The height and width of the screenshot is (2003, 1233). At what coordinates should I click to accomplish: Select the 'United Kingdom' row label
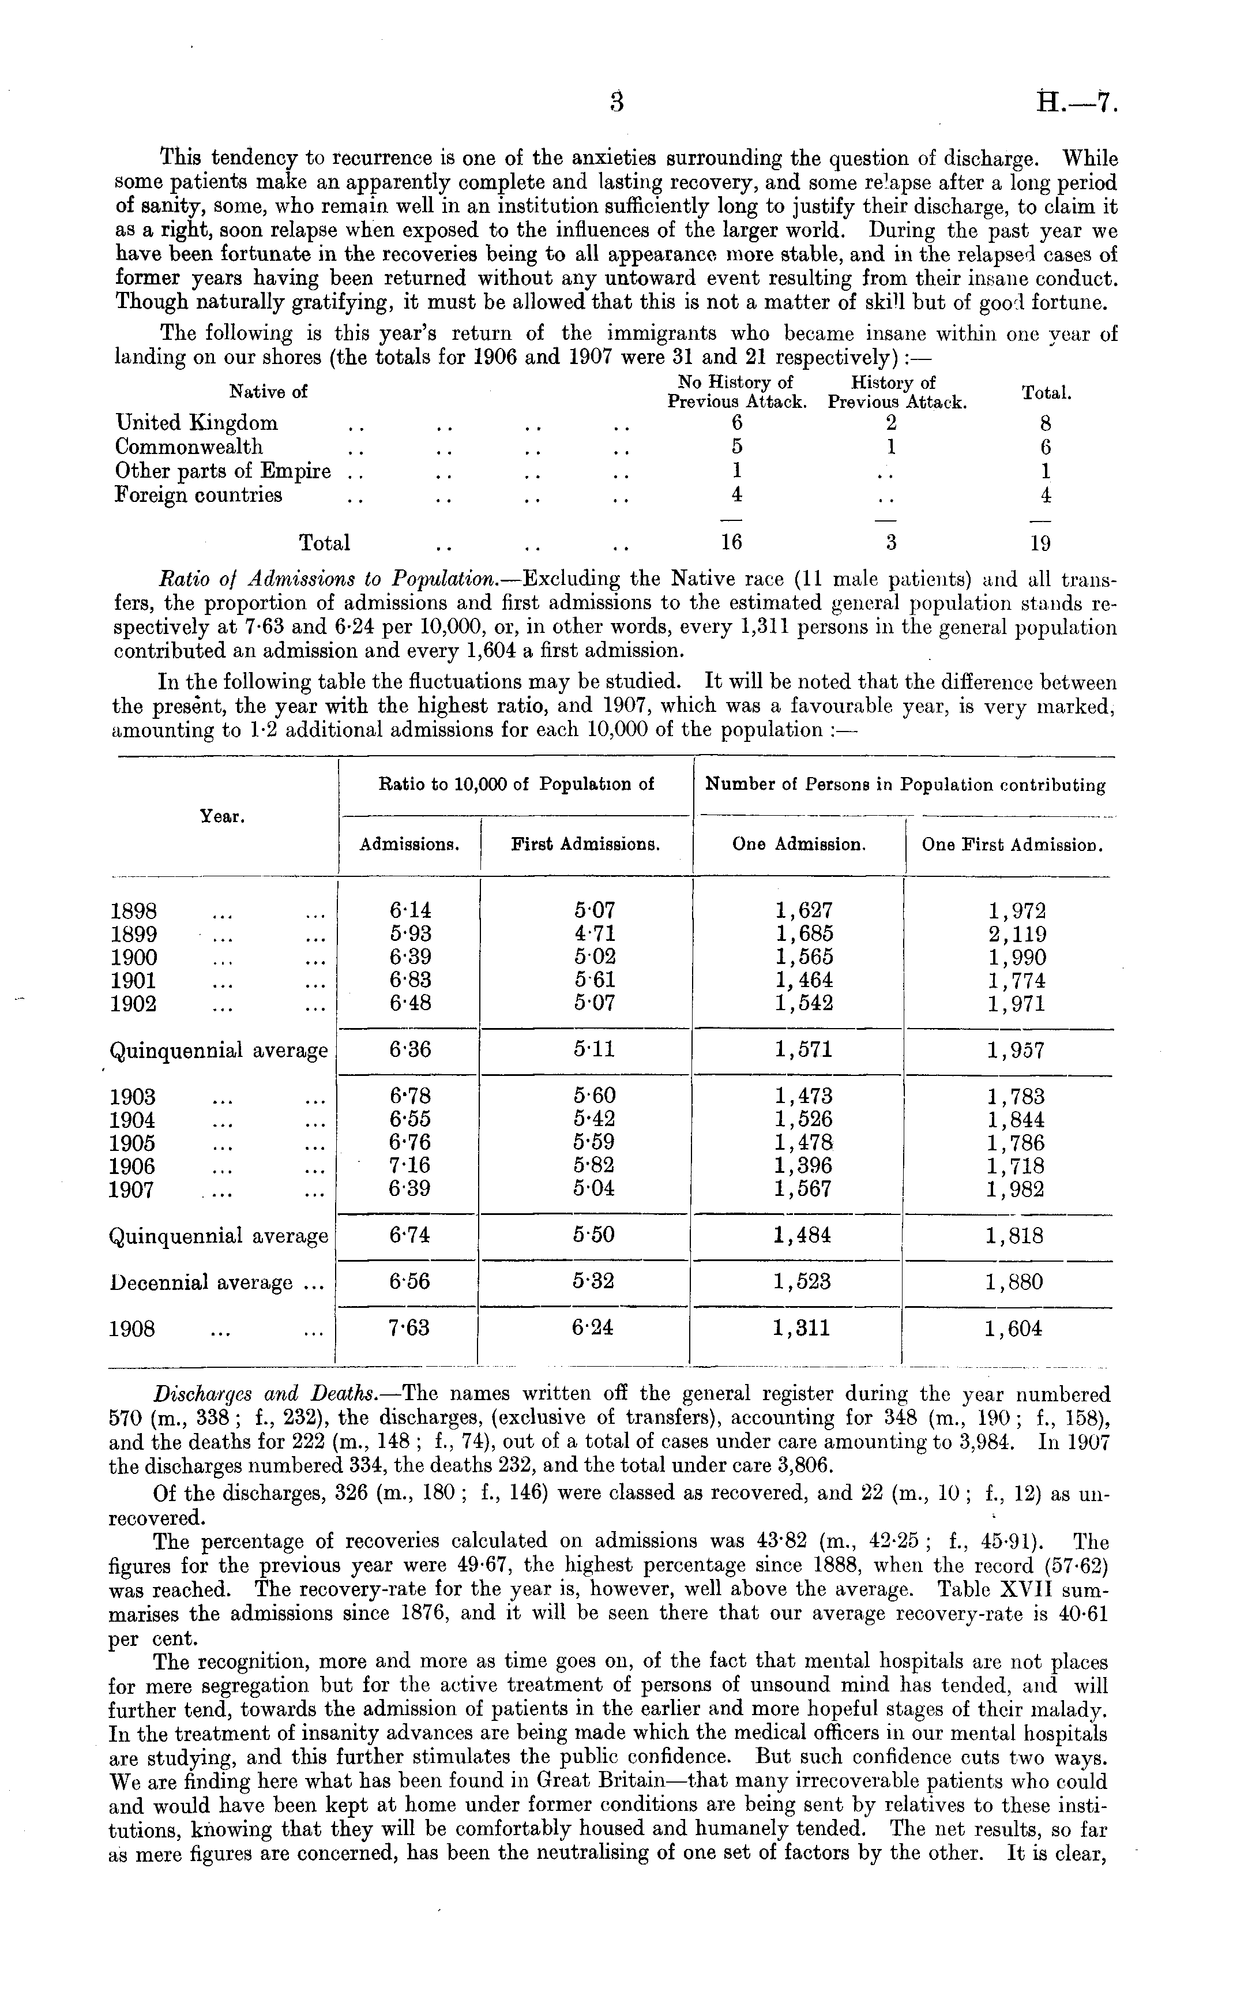click(x=197, y=422)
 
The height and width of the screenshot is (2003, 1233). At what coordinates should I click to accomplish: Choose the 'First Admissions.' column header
click(x=585, y=845)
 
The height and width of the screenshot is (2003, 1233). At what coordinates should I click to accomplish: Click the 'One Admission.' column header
click(x=798, y=845)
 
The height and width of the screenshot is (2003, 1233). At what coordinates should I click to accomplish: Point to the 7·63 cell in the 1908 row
click(x=409, y=1329)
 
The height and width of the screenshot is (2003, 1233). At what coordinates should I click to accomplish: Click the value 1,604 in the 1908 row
click(x=1013, y=1329)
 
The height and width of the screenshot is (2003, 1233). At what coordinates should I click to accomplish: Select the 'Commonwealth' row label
click(x=189, y=447)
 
